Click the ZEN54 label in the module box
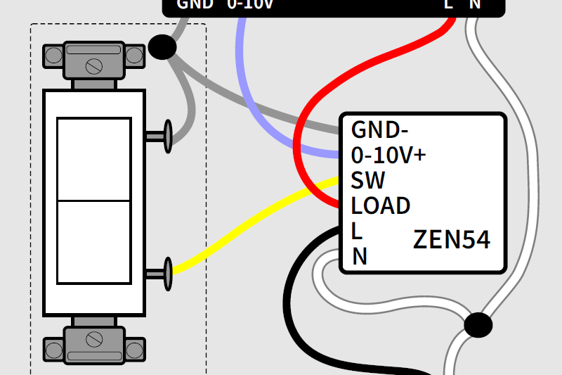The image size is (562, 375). [x=450, y=239]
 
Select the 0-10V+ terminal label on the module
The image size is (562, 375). [x=388, y=155]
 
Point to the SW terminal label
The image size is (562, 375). [x=368, y=181]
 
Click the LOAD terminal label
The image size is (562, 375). [x=381, y=206]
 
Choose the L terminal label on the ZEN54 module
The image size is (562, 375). [x=357, y=231]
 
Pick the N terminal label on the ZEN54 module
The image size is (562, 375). [x=360, y=257]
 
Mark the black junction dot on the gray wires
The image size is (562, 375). [x=162, y=48]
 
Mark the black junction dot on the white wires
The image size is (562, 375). [x=478, y=325]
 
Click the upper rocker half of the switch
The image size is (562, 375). [x=93, y=159]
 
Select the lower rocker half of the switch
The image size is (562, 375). [x=93, y=243]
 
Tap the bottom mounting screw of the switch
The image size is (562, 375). [x=93, y=339]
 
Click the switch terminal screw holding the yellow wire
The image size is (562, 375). [x=167, y=273]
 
